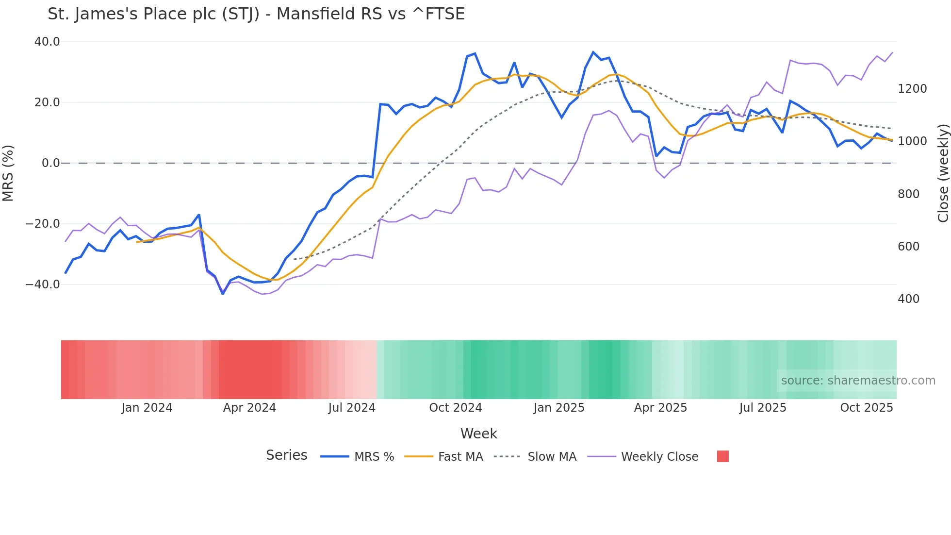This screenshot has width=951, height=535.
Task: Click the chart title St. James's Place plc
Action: coord(256,14)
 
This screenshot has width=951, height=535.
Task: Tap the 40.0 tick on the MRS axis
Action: coord(47,42)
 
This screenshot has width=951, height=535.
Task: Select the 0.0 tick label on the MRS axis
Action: coord(50,163)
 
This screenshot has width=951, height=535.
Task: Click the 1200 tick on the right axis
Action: coord(912,89)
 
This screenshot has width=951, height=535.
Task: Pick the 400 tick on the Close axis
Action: coord(908,299)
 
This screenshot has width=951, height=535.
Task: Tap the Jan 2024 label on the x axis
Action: coord(147,408)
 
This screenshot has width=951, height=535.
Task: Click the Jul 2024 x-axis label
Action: coord(352,408)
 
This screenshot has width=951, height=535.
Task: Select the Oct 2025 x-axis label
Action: coord(866,408)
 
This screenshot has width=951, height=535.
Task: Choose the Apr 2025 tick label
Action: coord(660,408)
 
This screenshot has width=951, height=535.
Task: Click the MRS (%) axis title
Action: coord(8,173)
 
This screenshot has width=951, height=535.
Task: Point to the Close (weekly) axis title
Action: coord(943,173)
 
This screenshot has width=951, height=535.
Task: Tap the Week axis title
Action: coord(478,434)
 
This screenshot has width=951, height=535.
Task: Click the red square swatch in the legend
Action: coord(722,456)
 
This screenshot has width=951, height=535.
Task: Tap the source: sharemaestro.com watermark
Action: coord(858,381)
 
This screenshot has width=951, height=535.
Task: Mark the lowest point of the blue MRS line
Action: coord(223,294)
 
